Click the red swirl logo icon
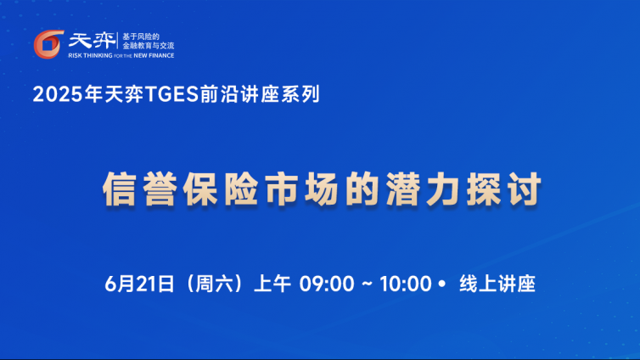click(48, 44)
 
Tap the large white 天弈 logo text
click(93, 41)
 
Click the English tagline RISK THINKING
click(90, 55)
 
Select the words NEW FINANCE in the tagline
click(154, 55)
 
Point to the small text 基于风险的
click(141, 37)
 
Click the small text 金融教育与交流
click(149, 46)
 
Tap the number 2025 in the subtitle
click(58, 94)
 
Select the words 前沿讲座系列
click(260, 94)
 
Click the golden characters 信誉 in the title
click(140, 189)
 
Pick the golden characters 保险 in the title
click(221, 189)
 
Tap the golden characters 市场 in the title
click(302, 189)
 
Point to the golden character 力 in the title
click(444, 189)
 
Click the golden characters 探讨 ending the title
click(504, 189)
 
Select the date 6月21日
click(139, 284)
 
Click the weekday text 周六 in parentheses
click(214, 284)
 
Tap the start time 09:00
click(327, 284)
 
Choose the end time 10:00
click(406, 284)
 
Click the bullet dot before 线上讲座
click(441, 284)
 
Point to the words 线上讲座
click(497, 284)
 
